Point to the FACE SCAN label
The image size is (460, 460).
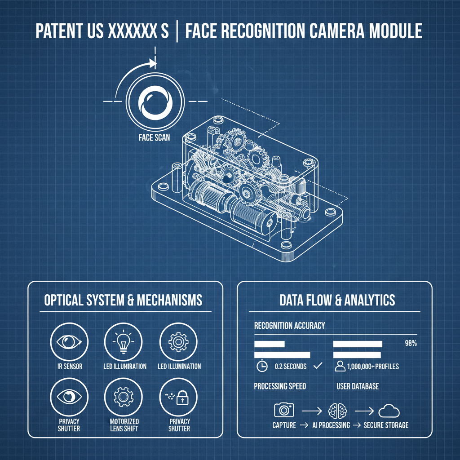coord(154,137)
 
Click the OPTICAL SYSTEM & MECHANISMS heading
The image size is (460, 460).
coord(123,300)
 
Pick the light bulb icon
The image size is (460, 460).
coord(123,342)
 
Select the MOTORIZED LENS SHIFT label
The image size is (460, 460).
coord(124,425)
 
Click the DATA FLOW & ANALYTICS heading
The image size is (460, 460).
coord(337,300)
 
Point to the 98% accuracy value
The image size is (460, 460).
coord(411,344)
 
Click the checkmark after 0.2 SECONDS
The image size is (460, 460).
coord(318,366)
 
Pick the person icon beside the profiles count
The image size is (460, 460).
coord(340,367)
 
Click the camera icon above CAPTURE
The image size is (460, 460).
coord(283,410)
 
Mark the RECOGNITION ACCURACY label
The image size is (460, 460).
coord(289,326)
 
